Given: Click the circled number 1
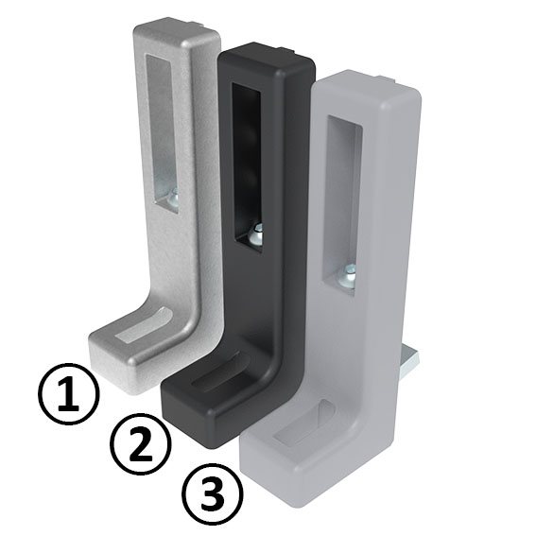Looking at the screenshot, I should (x=68, y=394).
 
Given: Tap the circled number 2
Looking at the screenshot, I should (x=141, y=444).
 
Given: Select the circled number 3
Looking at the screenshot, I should (x=212, y=493).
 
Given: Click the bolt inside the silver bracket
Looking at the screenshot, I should (x=171, y=199).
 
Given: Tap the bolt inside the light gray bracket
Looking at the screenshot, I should (x=349, y=274).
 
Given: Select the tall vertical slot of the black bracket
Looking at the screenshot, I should (x=245, y=161).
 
